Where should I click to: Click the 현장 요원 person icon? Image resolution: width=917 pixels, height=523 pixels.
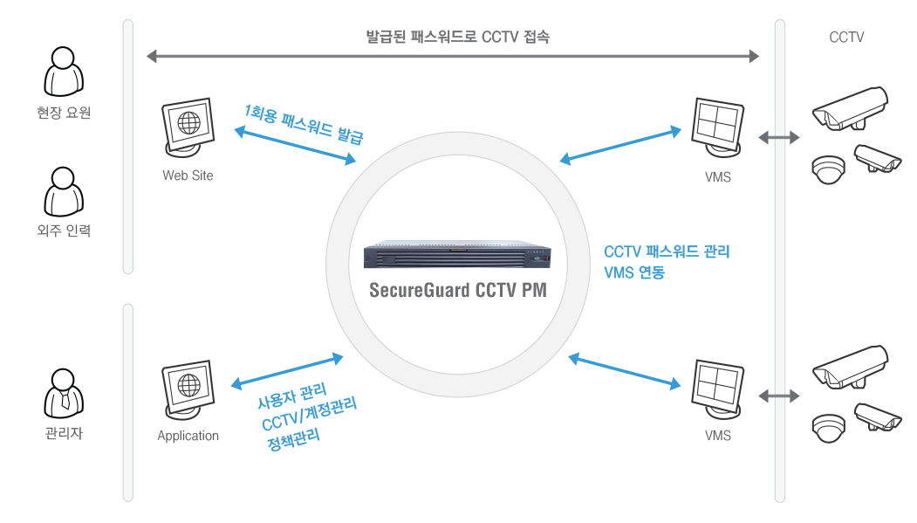pos(64,72)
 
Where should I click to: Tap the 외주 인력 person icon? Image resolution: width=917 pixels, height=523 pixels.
pos(64,192)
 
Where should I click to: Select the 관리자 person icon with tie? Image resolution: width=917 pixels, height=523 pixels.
pos(64,393)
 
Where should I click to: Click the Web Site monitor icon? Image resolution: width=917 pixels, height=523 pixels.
pos(188,127)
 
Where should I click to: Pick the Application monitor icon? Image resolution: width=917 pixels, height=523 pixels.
pos(188,389)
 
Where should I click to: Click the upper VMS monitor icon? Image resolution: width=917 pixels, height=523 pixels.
pos(717,127)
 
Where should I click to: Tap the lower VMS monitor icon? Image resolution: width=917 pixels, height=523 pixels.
pos(717,389)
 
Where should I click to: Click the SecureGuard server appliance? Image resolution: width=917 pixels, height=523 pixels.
pos(457,254)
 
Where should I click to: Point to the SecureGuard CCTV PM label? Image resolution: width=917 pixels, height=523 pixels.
pos(458,290)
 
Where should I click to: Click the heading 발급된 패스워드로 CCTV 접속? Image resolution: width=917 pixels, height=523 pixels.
pos(457,37)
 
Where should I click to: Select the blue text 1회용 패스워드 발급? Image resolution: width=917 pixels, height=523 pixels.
pos(305,124)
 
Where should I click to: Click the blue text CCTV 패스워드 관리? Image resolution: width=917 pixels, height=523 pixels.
pos(667,251)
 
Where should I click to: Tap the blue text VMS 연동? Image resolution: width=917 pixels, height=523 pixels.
pos(634,272)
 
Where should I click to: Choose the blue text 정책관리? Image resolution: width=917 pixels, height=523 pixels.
pos(293,439)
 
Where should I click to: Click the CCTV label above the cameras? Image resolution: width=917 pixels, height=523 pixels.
pos(846,38)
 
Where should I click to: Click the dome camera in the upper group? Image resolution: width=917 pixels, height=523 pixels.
pos(829,169)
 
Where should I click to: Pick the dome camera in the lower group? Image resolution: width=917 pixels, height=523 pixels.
pos(829,428)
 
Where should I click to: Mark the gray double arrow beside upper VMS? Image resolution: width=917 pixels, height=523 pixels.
pos(778,137)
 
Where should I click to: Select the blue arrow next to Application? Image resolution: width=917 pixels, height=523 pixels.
pos(287,371)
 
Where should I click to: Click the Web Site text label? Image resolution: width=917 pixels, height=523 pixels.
pos(188,175)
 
